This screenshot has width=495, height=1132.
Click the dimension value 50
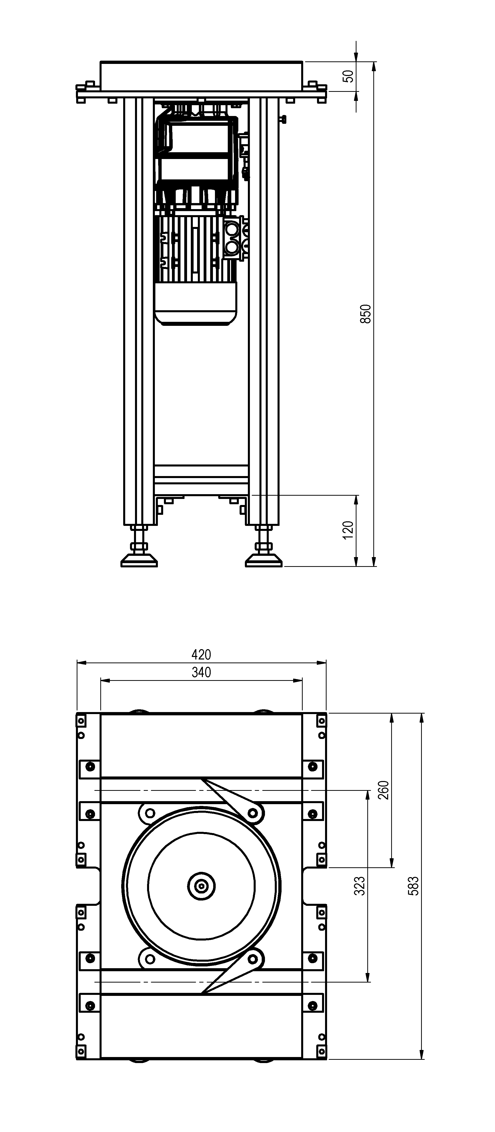348,76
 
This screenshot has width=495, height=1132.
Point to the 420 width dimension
201,655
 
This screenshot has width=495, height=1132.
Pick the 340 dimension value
201,672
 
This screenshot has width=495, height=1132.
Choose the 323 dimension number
359,886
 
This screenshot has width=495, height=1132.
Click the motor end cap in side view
196,304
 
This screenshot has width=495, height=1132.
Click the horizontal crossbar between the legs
201,479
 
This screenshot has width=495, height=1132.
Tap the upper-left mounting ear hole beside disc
150,812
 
